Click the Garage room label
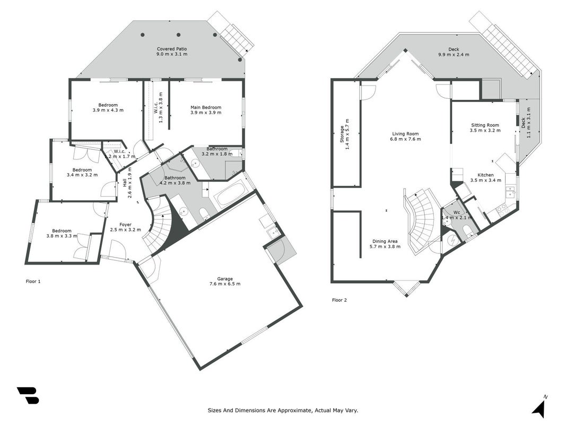[225, 278]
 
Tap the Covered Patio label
[172, 49]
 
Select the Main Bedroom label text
[206, 107]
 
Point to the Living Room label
[405, 134]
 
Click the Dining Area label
[385, 241]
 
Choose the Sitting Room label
[485, 125]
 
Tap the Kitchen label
[485, 175]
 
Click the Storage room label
[342, 134]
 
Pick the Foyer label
[126, 224]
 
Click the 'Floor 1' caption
[33, 281]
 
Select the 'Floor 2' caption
[339, 300]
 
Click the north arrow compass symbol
[539, 406]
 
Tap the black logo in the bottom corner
[28, 395]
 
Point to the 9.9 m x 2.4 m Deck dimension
[454, 55]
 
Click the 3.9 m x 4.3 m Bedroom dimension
[108, 110]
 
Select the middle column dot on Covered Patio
[178, 35]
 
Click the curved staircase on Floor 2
[423, 221]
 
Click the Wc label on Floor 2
[457, 212]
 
